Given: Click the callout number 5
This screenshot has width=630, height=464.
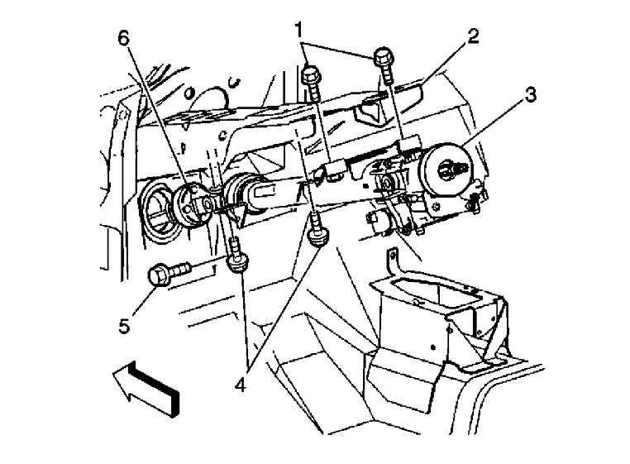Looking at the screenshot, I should point(123,326).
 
